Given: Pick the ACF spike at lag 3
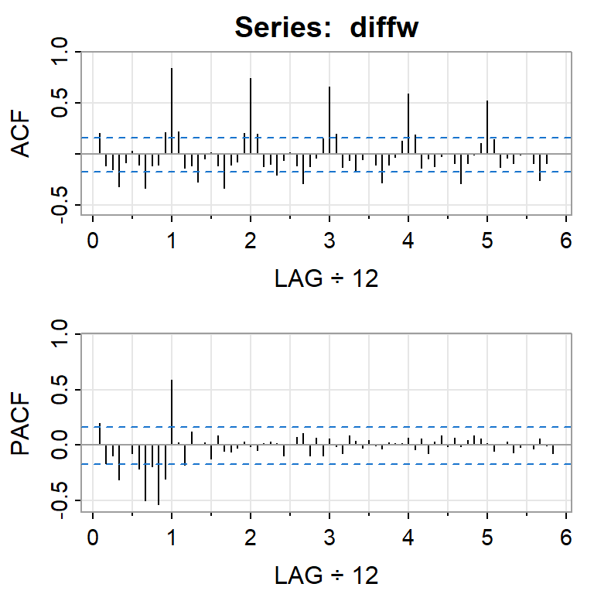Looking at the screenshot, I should (x=329, y=120).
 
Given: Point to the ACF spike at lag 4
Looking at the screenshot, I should (x=408, y=124).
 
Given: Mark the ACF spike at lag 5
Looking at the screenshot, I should (x=487, y=127).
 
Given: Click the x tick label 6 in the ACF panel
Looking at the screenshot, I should (x=566, y=241).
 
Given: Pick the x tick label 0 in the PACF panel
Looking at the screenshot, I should (x=93, y=536).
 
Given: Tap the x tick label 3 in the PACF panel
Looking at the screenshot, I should (x=329, y=536).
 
